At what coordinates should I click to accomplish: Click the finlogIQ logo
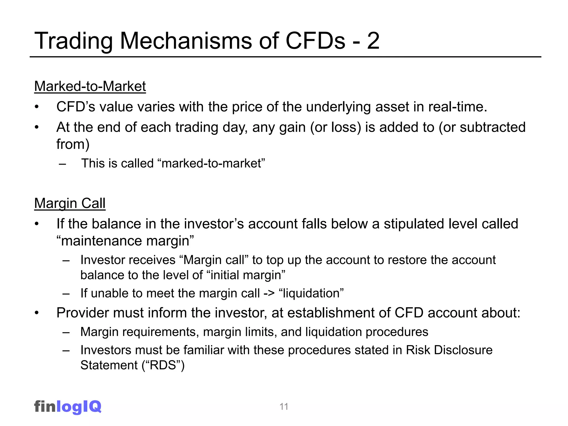68,407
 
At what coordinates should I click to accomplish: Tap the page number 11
284,407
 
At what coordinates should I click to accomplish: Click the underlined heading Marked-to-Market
90,86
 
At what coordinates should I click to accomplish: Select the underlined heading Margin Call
70,203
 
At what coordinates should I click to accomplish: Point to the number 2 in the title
373,41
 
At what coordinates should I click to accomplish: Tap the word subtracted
493,127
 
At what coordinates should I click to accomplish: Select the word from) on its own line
73,144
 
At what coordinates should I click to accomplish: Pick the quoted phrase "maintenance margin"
125,241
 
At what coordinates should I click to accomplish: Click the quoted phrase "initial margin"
246,275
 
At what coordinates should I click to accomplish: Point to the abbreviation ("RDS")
163,365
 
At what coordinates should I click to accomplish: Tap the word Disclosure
463,350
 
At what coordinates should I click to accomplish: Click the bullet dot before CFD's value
37,107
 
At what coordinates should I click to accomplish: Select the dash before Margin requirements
66,332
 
